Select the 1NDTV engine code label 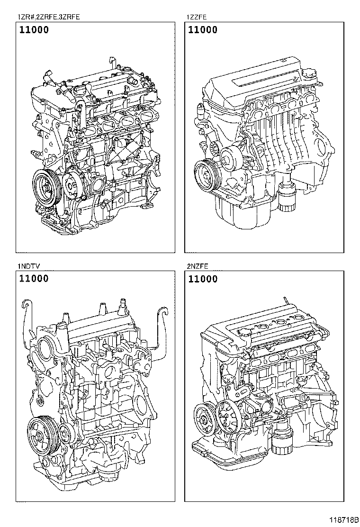(x=29, y=266)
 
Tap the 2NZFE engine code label (x=197, y=266)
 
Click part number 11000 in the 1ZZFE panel (x=203, y=30)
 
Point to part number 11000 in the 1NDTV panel (x=34, y=279)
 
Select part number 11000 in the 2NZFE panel (x=203, y=279)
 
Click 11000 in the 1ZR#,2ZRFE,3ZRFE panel (x=34, y=30)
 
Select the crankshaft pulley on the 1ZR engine (x=46, y=187)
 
